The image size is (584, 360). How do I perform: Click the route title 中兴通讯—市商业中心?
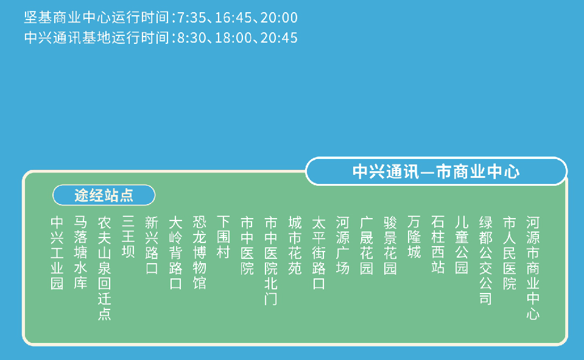click(436, 171)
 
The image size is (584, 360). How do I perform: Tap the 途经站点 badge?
click(104, 195)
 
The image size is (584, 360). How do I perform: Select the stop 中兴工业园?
click(57, 252)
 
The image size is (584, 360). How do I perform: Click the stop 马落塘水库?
click(80, 252)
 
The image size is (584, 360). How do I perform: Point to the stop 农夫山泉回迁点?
click(104, 267)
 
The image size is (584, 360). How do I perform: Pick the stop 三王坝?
click(128, 237)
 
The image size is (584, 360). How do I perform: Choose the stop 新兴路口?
click(152, 244)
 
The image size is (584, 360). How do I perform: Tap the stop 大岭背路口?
click(175, 252)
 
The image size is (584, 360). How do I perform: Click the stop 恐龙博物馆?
click(199, 252)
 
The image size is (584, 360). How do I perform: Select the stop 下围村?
click(223, 237)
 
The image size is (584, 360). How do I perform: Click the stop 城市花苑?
click(295, 244)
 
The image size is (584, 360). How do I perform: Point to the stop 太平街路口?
click(318, 252)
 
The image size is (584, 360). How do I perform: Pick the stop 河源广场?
click(342, 244)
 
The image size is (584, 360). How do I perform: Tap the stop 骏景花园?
click(390, 244)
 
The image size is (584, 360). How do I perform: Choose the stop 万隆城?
click(414, 237)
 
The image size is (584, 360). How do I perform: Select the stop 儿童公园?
click(462, 244)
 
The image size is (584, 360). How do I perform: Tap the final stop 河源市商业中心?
click(533, 267)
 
